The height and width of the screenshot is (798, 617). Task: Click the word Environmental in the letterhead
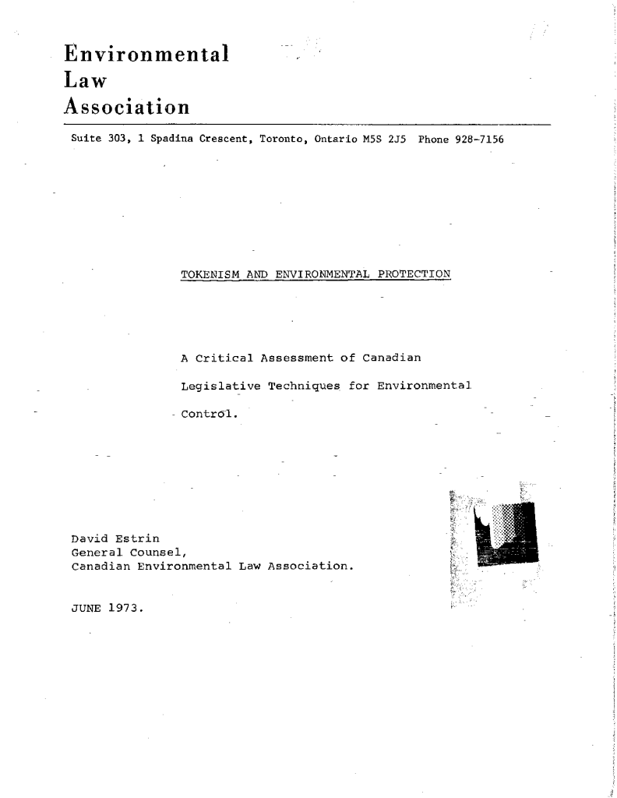146,55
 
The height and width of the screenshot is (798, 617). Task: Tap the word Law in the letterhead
84,79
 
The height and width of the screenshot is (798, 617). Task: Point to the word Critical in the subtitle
224,358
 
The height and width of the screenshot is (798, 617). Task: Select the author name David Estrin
115,538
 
